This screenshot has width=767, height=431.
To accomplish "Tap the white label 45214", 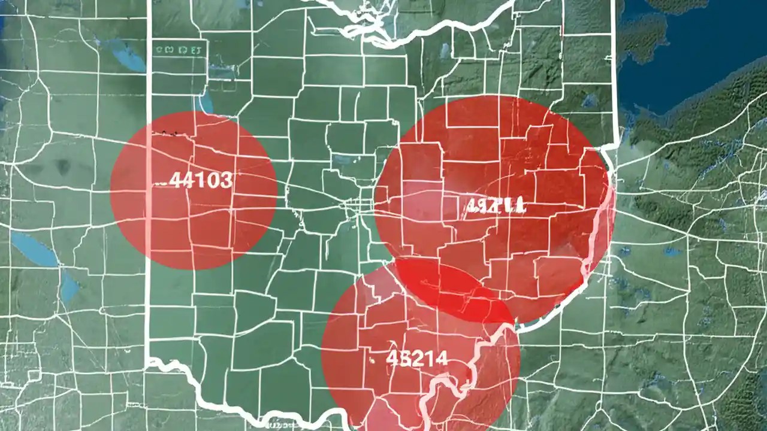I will [416, 358].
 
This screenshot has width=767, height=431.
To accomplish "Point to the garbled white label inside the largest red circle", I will [495, 207].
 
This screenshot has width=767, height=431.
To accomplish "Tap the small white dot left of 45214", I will [372, 360].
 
